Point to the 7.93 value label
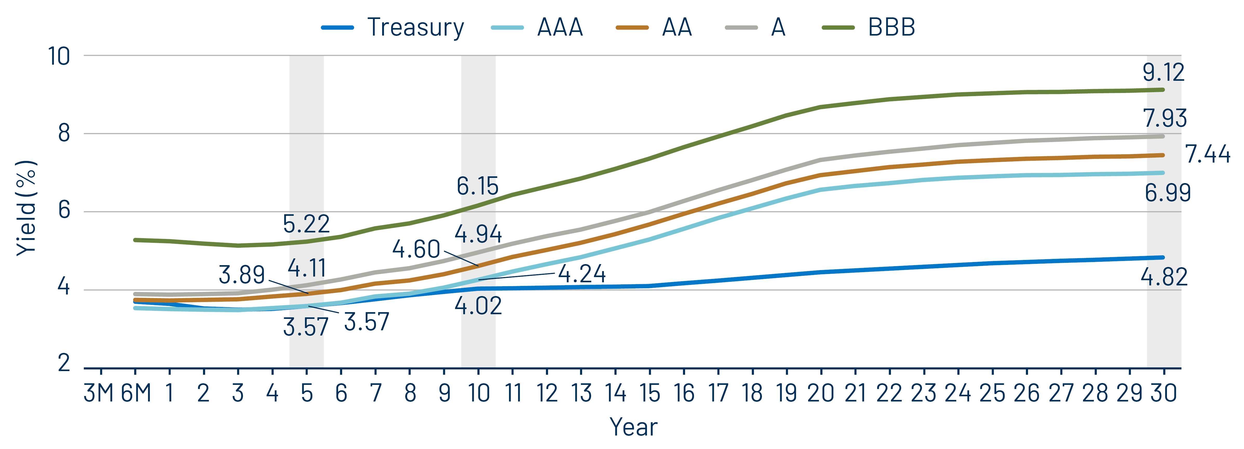pos(1164,118)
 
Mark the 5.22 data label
pos(306,224)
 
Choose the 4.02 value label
pos(478,306)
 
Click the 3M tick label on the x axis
pos(99,393)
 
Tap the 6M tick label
pos(136,393)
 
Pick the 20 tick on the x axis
pos(821,393)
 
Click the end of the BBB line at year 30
pos(1163,90)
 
